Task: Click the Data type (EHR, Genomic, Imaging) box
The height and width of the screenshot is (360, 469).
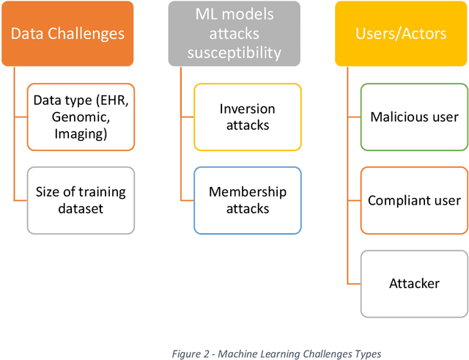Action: coord(81,117)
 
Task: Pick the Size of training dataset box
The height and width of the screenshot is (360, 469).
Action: coord(81,200)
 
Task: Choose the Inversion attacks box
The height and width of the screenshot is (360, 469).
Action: coord(248,117)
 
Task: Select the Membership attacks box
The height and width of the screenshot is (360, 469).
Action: coord(248,200)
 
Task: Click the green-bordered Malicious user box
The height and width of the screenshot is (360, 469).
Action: coord(415,117)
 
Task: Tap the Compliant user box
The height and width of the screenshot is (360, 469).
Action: coord(415,200)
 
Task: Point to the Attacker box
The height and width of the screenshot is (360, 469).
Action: coord(415,284)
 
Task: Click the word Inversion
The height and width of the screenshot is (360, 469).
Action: coord(248,109)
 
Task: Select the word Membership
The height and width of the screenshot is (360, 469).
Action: coord(248,192)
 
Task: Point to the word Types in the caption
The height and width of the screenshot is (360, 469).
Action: coord(366,354)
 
